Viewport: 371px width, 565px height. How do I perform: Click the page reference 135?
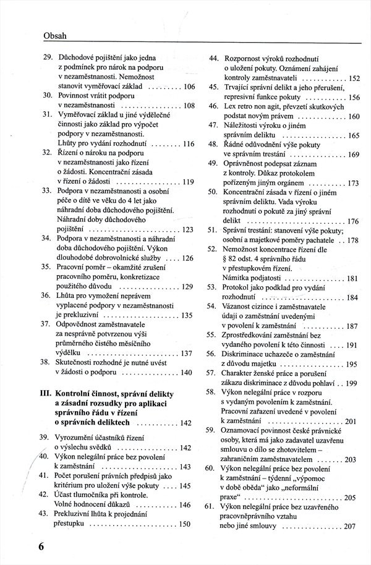coord(189,315)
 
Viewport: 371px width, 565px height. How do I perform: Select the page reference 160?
coord(354,117)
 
